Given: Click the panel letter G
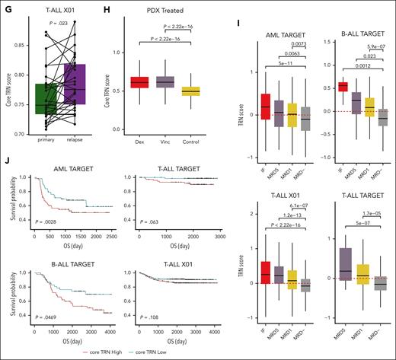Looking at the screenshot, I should [5, 6].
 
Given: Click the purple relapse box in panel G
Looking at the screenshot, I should [81, 89].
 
